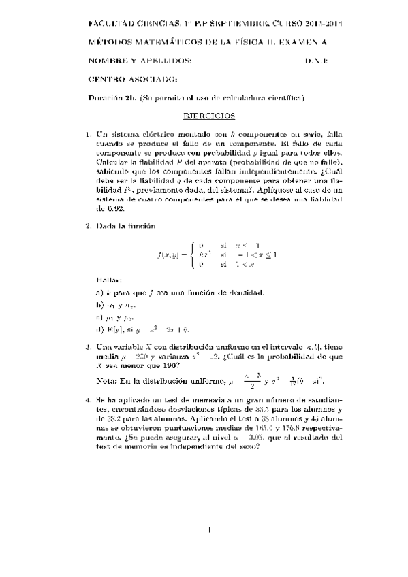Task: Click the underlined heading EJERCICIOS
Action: tap(210, 116)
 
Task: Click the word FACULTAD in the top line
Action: tap(112, 24)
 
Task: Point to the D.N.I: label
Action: tap(316, 61)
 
